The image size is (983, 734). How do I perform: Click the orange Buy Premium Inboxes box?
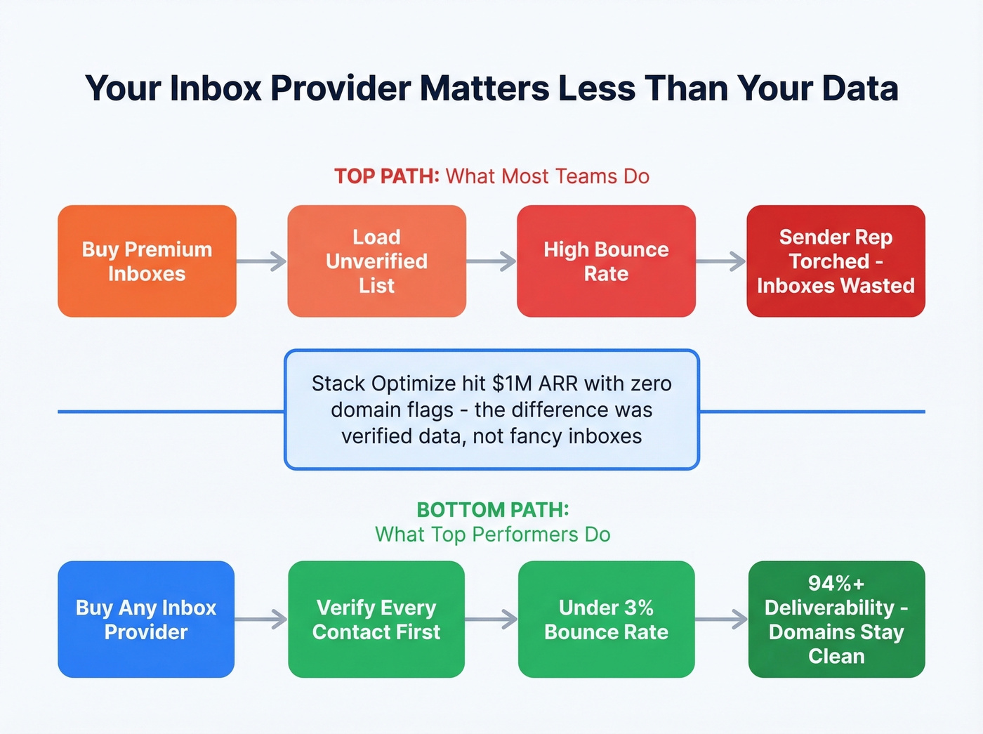[147, 261]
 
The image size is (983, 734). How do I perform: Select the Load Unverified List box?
[376, 261]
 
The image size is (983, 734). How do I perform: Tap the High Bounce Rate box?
[606, 261]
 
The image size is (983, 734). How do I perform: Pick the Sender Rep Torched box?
[836, 261]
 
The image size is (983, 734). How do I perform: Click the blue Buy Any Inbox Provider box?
[146, 620]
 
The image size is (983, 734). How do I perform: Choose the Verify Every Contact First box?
[376, 620]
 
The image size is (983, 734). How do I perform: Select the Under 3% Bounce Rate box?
[606, 620]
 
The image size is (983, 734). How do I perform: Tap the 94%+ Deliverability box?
[836, 620]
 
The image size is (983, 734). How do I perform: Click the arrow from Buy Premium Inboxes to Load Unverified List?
[262, 262]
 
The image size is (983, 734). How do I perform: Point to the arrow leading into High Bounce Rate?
[491, 262]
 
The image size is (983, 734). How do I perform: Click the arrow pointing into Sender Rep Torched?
[721, 262]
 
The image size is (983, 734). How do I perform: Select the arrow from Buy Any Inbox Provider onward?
[261, 620]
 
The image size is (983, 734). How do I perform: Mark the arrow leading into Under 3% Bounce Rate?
[491, 620]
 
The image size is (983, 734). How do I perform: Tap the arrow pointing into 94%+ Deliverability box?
[722, 620]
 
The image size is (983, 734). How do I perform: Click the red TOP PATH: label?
[386, 176]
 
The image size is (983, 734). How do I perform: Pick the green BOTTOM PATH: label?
[493, 509]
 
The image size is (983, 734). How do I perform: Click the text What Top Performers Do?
[493, 535]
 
